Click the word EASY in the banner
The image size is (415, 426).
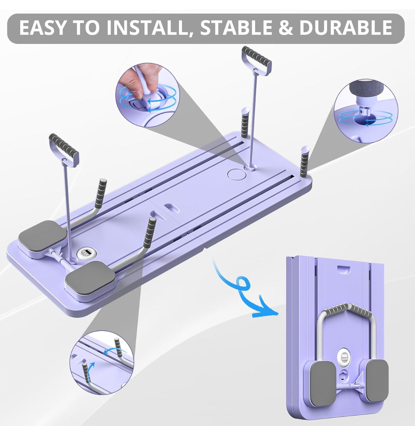click(x=43, y=28)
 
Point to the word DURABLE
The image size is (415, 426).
click(x=345, y=28)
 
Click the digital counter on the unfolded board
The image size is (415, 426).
click(x=85, y=254)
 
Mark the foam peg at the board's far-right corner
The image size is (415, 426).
click(x=304, y=162)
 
